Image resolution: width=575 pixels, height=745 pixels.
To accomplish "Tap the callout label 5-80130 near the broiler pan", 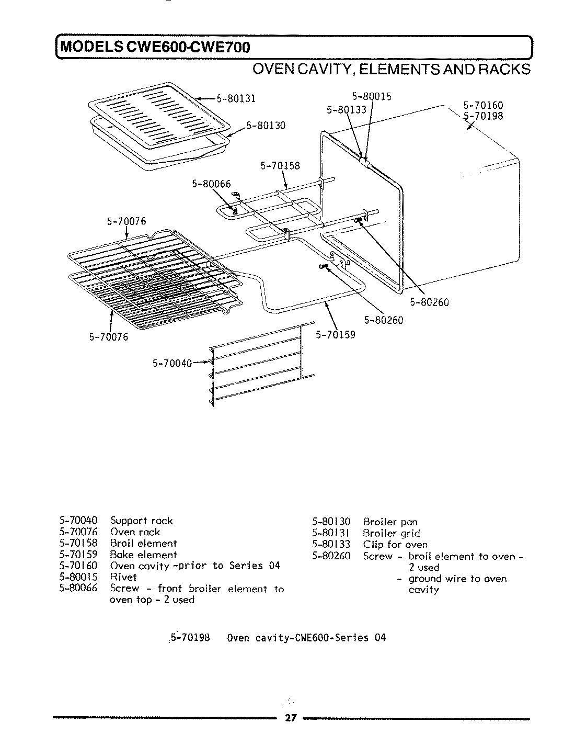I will pos(266,126).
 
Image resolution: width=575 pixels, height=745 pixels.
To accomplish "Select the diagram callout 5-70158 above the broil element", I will pos(280,166).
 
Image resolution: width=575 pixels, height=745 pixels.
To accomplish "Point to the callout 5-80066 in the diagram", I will pos(211,184).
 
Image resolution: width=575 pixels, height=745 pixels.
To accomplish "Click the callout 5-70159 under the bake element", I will pos(335,335).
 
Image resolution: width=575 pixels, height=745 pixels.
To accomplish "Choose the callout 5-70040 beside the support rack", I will pos(172,363).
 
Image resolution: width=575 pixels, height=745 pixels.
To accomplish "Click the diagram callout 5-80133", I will pos(346,110).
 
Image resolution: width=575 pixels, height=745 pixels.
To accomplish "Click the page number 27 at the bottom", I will pos(291,718).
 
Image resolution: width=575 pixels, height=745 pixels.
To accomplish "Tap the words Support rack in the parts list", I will pos(141,521).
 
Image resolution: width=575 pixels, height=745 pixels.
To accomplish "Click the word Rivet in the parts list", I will pos(123,577).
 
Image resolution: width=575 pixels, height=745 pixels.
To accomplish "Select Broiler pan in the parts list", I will pos(390,522).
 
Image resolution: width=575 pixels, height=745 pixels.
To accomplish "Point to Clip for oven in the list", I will pos(395,545).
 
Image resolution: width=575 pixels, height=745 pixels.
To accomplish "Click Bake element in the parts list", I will pos(143,555).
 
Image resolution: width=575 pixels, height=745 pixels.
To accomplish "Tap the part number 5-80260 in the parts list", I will pos(331,556).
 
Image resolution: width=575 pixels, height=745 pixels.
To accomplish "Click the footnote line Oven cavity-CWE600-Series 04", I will pos(307,638).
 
